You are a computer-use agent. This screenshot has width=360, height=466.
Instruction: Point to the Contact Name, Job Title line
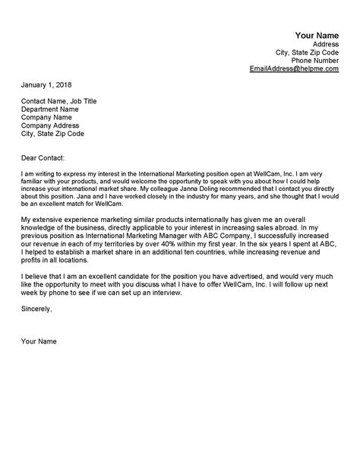pos(59,101)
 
